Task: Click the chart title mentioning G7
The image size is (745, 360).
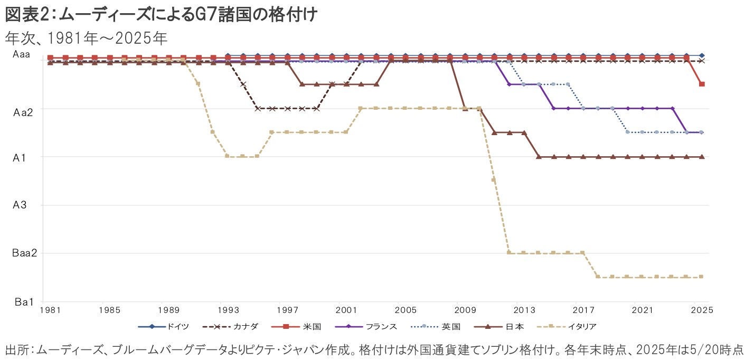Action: coord(161,15)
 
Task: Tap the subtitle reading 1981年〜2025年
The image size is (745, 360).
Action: coord(86,39)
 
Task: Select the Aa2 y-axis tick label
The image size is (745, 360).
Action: coord(24,112)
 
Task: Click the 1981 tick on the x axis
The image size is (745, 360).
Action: coord(50,309)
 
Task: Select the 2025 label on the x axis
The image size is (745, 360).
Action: coord(701,309)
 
